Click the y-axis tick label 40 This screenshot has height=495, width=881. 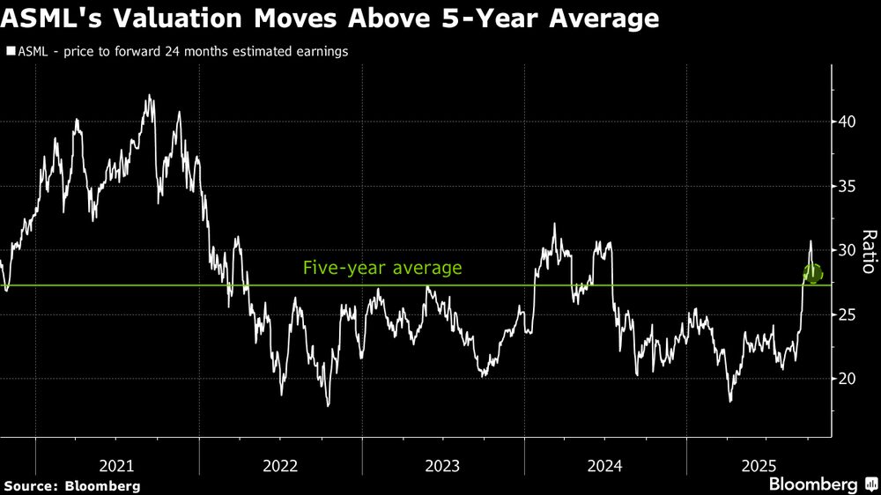click(848, 122)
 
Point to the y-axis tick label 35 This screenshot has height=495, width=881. click(848, 186)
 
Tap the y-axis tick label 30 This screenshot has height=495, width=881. click(848, 250)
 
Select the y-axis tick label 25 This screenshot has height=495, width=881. click(848, 314)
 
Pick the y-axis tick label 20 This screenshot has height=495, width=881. click(848, 379)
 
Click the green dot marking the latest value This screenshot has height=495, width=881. click(813, 274)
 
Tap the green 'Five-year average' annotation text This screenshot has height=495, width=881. click(382, 268)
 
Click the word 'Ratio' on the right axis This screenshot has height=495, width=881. click(868, 252)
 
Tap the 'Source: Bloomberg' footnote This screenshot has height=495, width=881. click(71, 485)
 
